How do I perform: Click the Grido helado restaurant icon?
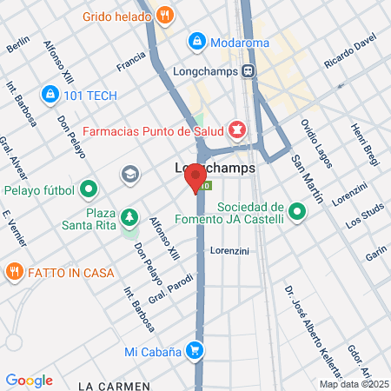click(166, 15)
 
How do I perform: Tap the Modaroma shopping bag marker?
click(197, 41)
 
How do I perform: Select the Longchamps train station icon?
click(249, 71)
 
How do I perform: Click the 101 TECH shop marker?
click(49, 94)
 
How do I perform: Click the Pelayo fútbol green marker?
click(88, 189)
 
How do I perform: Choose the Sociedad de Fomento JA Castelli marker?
click(297, 211)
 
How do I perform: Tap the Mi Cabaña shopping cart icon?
click(197, 351)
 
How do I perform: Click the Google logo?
click(29, 380)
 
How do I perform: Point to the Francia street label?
click(131, 62)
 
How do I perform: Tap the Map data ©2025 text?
click(350, 384)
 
